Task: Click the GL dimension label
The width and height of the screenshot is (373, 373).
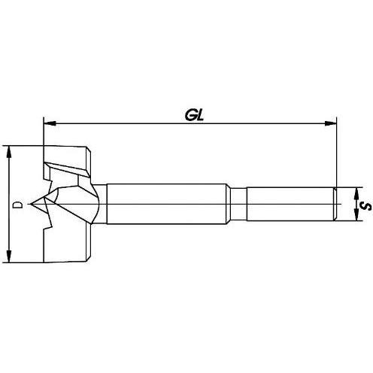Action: [194, 116]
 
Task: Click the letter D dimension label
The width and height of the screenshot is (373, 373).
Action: [18, 205]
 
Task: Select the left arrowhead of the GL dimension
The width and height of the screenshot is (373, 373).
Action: [50, 123]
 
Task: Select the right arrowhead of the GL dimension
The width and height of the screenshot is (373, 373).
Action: [330, 123]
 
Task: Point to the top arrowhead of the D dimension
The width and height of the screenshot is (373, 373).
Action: [9, 152]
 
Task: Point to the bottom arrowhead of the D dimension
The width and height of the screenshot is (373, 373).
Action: [9, 256]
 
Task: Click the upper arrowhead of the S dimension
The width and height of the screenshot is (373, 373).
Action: [356, 193]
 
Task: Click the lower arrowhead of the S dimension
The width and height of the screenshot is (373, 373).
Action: [356, 215]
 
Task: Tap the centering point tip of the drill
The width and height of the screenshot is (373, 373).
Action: [31, 204]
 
